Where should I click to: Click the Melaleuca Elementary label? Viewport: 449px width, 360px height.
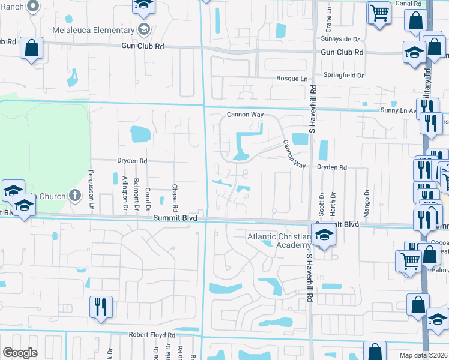tap(92, 30)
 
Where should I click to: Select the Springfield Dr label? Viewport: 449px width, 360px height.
tap(344, 76)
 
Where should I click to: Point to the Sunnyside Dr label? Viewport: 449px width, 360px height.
tap(340, 39)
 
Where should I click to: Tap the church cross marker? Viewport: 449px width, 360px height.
tap(74, 194)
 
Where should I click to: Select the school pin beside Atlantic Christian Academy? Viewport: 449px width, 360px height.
tap(323, 233)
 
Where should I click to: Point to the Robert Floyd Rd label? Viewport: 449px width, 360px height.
tap(151, 335)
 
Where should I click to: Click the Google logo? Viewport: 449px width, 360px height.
tap(20, 353)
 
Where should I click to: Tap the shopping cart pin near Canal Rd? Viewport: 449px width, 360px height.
tap(379, 12)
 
